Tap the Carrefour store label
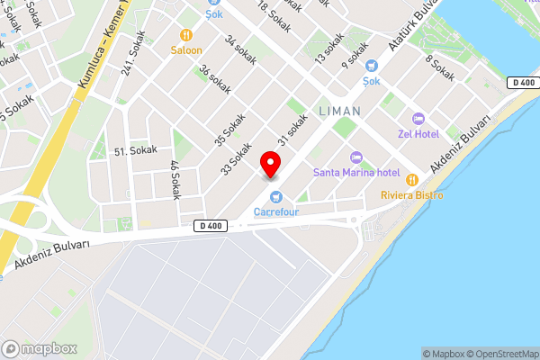[275, 212]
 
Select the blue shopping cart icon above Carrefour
[276, 197]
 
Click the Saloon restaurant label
[186, 50]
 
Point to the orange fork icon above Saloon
[186, 35]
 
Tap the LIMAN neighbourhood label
[339, 111]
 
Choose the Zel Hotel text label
[418, 134]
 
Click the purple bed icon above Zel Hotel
[418, 119]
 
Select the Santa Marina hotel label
[356, 172]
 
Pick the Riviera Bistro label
[411, 194]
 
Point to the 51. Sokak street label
[136, 150]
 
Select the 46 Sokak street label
[175, 179]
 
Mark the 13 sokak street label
[329, 48]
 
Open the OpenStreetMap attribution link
[500, 354]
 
